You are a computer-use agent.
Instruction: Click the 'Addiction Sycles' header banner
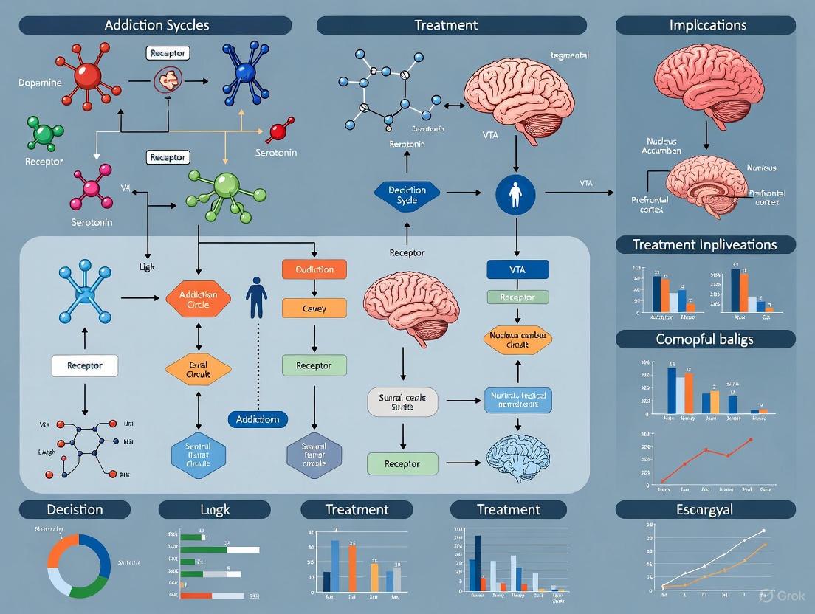point(156,25)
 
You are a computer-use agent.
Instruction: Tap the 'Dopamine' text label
point(40,83)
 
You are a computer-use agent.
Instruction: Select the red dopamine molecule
point(88,76)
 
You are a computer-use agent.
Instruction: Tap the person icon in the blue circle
point(515,195)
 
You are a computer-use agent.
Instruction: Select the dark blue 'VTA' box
point(517,269)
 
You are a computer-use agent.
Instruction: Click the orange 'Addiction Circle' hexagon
point(198,299)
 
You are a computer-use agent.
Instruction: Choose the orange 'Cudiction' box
point(314,269)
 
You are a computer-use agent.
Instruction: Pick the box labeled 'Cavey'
point(314,308)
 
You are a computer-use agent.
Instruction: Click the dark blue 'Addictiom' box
point(258,419)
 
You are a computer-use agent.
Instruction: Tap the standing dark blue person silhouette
point(256,297)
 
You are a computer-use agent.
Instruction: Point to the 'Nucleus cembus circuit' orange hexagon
point(517,339)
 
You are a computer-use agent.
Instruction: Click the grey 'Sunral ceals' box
point(402,402)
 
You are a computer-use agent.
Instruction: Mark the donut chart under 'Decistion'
point(78,566)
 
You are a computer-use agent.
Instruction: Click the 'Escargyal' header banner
point(705,509)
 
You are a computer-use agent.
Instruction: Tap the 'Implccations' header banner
point(707,25)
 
